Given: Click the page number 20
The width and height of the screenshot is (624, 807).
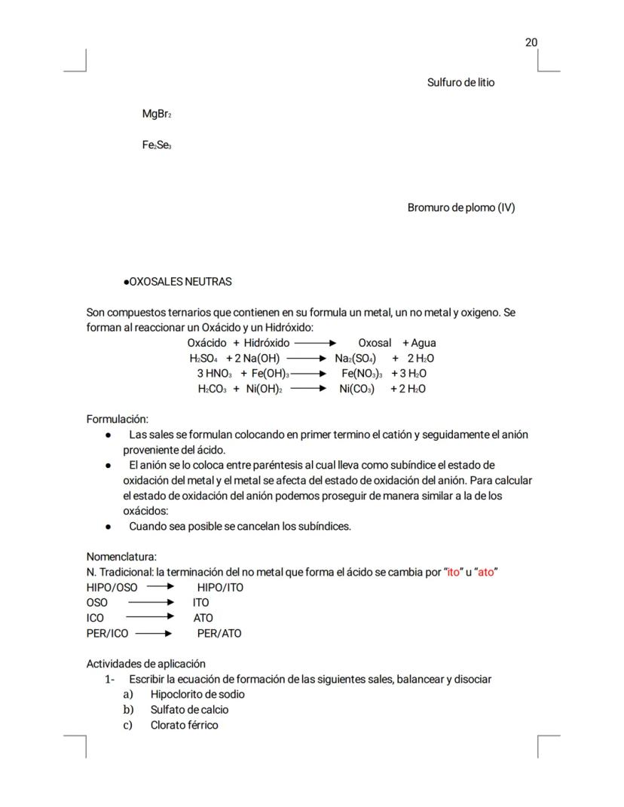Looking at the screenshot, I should coord(531,42).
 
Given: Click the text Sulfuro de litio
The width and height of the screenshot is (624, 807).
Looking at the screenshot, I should coord(460,82).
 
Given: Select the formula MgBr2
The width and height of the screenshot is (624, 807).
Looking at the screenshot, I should coord(157,114).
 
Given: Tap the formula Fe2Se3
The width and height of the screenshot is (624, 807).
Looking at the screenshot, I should coord(157,145).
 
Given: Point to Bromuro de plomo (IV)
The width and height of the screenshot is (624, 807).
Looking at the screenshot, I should coord(461,207).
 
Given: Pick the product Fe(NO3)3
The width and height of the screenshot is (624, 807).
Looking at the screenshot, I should coord(362,374).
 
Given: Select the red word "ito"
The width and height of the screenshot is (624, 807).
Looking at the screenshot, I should coord(454,572).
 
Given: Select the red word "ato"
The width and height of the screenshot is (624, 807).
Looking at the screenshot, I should coord(487,572).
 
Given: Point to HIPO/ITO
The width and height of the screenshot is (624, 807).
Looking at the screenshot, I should coord(220,587).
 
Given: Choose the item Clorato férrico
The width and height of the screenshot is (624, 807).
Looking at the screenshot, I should coord(184,725).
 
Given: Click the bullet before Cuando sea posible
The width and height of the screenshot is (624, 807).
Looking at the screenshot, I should coord(109,526).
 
